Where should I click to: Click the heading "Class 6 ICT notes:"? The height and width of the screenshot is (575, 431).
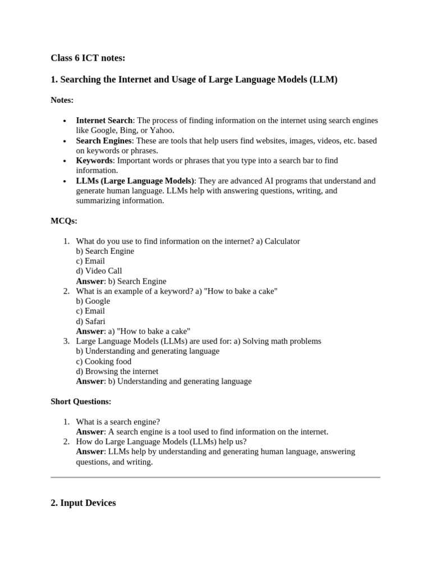tap(88, 58)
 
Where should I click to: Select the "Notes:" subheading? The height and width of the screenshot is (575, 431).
tap(62, 100)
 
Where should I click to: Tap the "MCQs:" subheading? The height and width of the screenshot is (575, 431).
tap(64, 221)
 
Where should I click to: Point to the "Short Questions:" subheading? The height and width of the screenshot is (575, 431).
tap(81, 401)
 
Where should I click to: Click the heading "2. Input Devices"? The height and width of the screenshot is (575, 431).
tap(83, 503)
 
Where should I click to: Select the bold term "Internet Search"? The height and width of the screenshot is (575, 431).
tap(104, 120)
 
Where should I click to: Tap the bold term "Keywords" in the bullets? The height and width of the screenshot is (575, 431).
tap(94, 161)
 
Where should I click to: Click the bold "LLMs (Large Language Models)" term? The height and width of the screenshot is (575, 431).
tap(135, 181)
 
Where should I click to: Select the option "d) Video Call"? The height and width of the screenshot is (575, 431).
tap(99, 271)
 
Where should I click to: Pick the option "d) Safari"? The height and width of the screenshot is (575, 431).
tap(90, 321)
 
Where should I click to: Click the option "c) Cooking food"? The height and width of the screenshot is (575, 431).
tap(103, 361)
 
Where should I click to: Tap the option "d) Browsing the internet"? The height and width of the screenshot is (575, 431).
tap(117, 371)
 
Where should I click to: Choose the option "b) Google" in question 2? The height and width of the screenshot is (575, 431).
tap(93, 301)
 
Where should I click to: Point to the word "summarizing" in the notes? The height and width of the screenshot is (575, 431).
tap(99, 200)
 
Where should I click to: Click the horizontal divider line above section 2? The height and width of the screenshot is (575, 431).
tap(215, 477)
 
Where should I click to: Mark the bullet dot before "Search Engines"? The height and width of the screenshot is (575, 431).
tap(65, 141)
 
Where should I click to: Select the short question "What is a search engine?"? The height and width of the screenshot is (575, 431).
tap(118, 422)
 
